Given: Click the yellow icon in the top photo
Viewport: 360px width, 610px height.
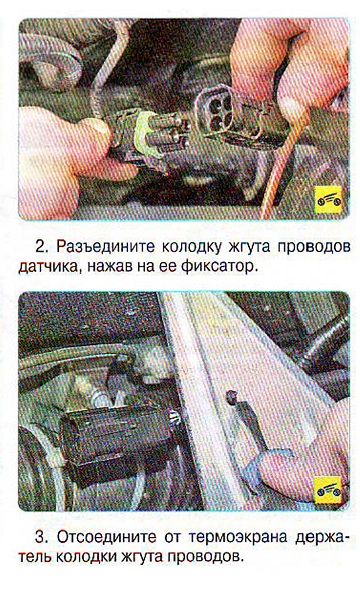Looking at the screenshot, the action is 328,200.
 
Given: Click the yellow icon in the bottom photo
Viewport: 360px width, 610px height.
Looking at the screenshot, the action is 328,490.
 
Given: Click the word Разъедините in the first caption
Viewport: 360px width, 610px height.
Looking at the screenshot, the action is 105,247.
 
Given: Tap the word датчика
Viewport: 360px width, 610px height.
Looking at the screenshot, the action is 49,267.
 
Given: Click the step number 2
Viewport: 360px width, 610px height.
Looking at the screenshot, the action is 41,247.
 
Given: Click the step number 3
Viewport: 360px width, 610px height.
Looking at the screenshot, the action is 41,538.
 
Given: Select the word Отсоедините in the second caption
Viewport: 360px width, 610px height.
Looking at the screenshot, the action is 106,538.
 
